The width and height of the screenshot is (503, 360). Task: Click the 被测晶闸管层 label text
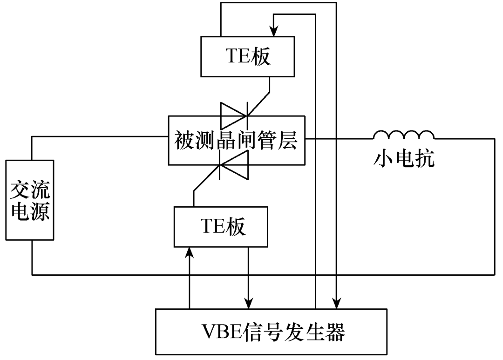click(236, 140)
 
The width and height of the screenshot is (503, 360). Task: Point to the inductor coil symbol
click(403, 135)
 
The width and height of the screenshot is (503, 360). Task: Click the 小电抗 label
click(405, 160)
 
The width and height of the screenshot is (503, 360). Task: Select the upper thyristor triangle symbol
click(233, 115)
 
